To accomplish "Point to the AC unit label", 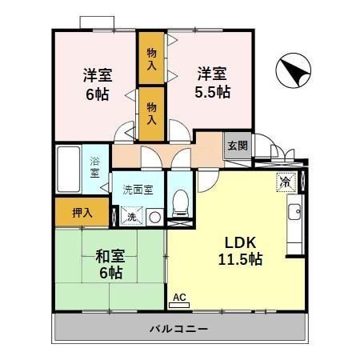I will pyautogui.click(x=179, y=298).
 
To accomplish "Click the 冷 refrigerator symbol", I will pyautogui.click(x=286, y=182).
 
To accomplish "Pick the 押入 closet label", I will pyautogui.click(x=82, y=213).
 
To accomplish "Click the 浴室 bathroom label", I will pyautogui.click(x=94, y=166).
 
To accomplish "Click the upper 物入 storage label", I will pyautogui.click(x=151, y=57).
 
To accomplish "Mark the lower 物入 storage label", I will pyautogui.click(x=151, y=111).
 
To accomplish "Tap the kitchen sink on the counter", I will pyautogui.click(x=294, y=213).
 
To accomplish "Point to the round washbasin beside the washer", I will pyautogui.click(x=153, y=215).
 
